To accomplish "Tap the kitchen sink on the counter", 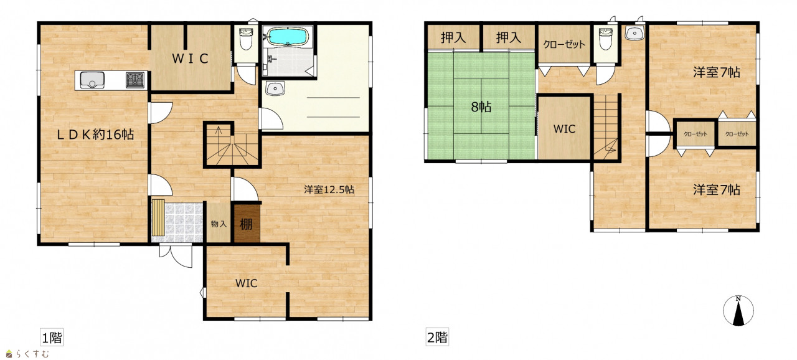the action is coord(93,80).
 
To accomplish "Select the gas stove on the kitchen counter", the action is coord(135,80).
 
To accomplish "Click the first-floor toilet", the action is coord(245,39).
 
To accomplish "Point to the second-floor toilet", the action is coord(605,39).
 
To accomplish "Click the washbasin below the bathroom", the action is coord(275,88).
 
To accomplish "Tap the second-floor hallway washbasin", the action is coord(634,34).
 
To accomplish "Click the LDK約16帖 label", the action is coord(96,135).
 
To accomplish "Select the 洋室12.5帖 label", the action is coord(329,189).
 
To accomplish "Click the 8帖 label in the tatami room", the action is coord(481,107).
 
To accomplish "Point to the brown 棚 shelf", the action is coord(247,224).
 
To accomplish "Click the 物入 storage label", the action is coord(219,224).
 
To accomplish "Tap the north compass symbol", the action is coord(738,310).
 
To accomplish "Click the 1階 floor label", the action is coord(52,337).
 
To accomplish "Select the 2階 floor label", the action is coord(437,337).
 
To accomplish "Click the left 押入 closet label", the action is coord(453,37).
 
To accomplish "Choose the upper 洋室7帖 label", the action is coord(717,72).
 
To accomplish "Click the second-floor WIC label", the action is coord(565,129).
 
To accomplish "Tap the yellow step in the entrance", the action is coord(158,217).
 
